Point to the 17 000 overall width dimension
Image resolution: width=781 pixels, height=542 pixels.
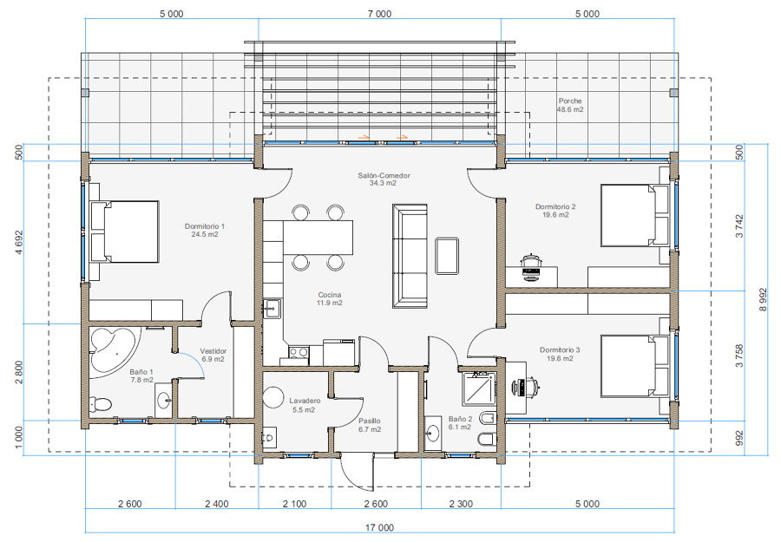pos(379,526)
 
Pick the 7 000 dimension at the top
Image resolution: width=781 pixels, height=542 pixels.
pos(379,14)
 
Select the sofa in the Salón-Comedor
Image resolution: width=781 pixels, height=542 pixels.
pos(410,256)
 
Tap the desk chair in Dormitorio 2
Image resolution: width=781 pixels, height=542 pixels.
pos(530,264)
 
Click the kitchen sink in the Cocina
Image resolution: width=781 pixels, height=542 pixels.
pos(271,308)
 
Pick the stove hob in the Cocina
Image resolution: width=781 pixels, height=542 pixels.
pos(297,352)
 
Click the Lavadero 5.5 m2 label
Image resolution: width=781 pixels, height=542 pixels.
pos(305,405)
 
